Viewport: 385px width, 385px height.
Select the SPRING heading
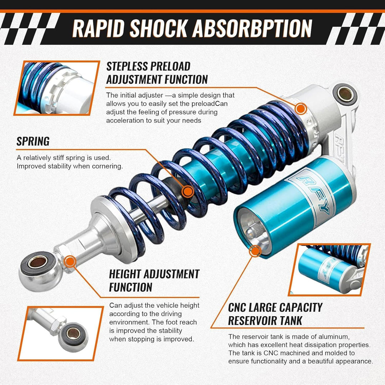[x=33, y=142]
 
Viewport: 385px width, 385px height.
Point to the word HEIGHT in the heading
[x=125, y=274]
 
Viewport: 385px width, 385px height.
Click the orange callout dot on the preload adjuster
[x=301, y=109]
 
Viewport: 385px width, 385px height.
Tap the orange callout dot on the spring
[x=188, y=191]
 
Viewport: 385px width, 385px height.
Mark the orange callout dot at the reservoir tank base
[x=255, y=251]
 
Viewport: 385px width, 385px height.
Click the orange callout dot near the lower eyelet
[x=70, y=262]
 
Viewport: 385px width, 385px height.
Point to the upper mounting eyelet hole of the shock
[x=345, y=94]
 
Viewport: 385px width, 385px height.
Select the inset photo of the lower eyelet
[x=61, y=333]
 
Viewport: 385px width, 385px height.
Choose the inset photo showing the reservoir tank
[x=329, y=269]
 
